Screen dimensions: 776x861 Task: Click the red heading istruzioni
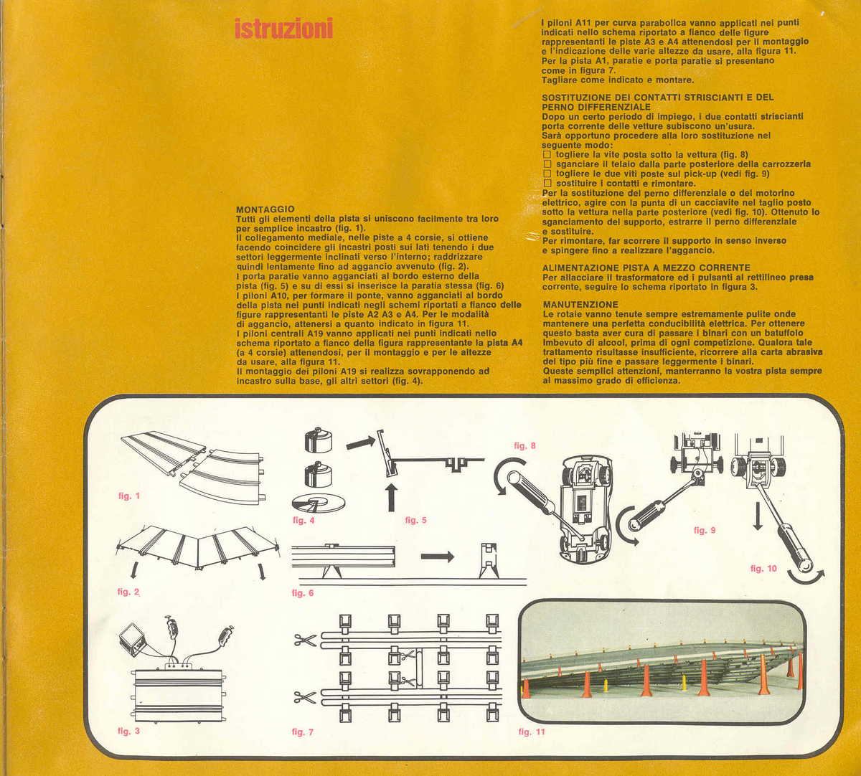coord(283,29)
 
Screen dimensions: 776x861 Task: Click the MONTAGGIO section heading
coord(265,209)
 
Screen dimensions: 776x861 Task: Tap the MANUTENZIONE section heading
coord(580,305)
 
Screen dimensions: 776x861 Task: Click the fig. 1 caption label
coord(129,496)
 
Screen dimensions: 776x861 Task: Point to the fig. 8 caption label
coord(524,446)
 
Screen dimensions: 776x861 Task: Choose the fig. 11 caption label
coord(532,732)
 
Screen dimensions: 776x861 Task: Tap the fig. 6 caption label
coord(302,593)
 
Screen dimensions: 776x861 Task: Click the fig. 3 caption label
coord(128,732)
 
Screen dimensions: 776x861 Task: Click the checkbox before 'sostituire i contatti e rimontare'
coord(547,184)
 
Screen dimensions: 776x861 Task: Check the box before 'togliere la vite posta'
coord(547,154)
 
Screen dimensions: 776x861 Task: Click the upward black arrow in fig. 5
coord(391,497)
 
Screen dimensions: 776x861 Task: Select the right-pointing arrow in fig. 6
coord(437,556)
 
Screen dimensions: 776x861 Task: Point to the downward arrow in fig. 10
coord(758,516)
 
